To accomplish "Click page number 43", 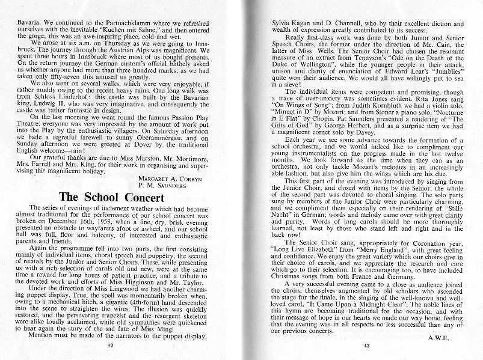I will (x=366, y=346).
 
